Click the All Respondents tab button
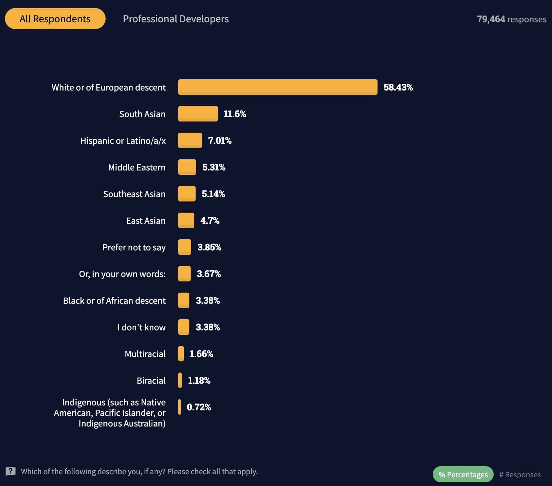(55, 19)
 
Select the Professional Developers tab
(176, 19)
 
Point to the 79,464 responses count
(511, 19)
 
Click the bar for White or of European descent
(278, 87)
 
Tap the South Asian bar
(198, 114)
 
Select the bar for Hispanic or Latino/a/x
(190, 140)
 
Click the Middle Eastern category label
(137, 167)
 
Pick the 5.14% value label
(213, 194)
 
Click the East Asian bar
(186, 220)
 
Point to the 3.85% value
(209, 247)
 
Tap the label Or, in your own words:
(122, 274)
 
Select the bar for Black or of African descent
(183, 300)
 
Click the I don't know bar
(183, 327)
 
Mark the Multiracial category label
(145, 354)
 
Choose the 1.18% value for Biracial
(199, 380)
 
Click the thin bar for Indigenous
(179, 407)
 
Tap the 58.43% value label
(398, 87)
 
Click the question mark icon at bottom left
(11, 471)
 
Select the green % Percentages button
(463, 475)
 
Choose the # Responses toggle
(520, 475)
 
